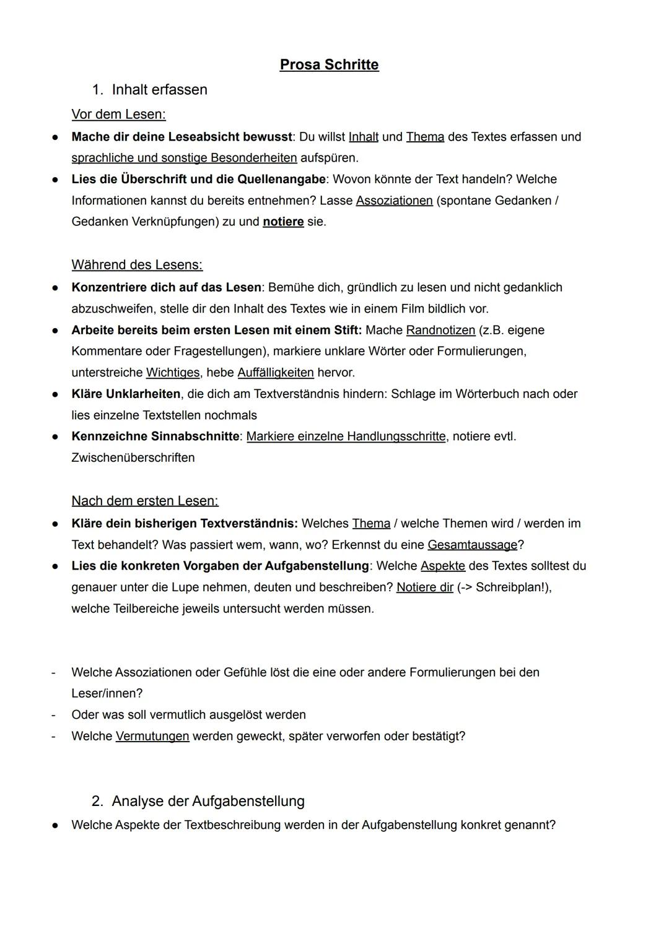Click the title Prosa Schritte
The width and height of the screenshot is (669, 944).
pyautogui.click(x=329, y=65)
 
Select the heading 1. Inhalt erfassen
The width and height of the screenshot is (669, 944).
pyautogui.click(x=149, y=90)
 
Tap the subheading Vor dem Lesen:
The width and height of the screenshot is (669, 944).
pyautogui.click(x=118, y=115)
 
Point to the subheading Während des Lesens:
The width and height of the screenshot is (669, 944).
pyautogui.click(x=137, y=265)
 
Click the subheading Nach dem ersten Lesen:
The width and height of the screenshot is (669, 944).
pyautogui.click(x=145, y=501)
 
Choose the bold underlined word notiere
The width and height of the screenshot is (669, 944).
pyautogui.click(x=283, y=222)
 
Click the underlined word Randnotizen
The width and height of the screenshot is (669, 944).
pyautogui.click(x=440, y=330)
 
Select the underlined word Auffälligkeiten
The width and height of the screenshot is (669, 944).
pyautogui.click(x=276, y=373)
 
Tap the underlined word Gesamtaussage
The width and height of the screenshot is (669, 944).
pyautogui.click(x=472, y=545)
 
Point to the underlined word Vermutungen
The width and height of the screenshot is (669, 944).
pyautogui.click(x=152, y=736)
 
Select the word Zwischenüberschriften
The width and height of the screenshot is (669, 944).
pyautogui.click(x=133, y=457)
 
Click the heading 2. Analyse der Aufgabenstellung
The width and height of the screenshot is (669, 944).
pyautogui.click(x=198, y=801)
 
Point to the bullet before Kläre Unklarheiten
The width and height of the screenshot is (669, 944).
pyautogui.click(x=55, y=394)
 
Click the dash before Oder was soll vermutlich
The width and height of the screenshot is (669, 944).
pyautogui.click(x=53, y=715)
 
